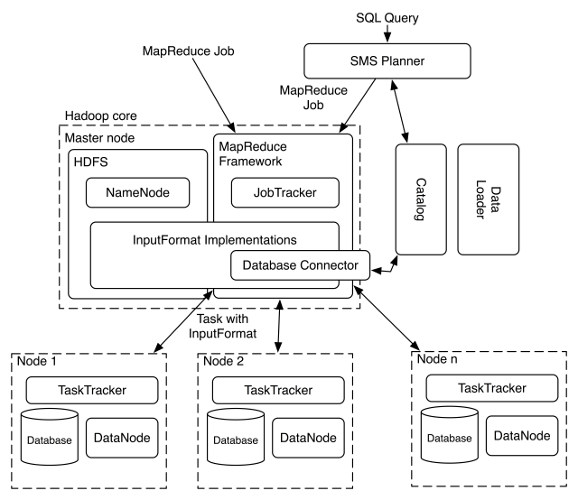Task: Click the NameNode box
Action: [139, 192]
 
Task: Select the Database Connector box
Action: [300, 264]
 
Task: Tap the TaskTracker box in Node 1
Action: [93, 390]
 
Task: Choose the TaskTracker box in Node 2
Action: [279, 390]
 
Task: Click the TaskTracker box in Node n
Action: [491, 388]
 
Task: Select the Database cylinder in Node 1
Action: [50, 440]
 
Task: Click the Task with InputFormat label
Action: [226, 325]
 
